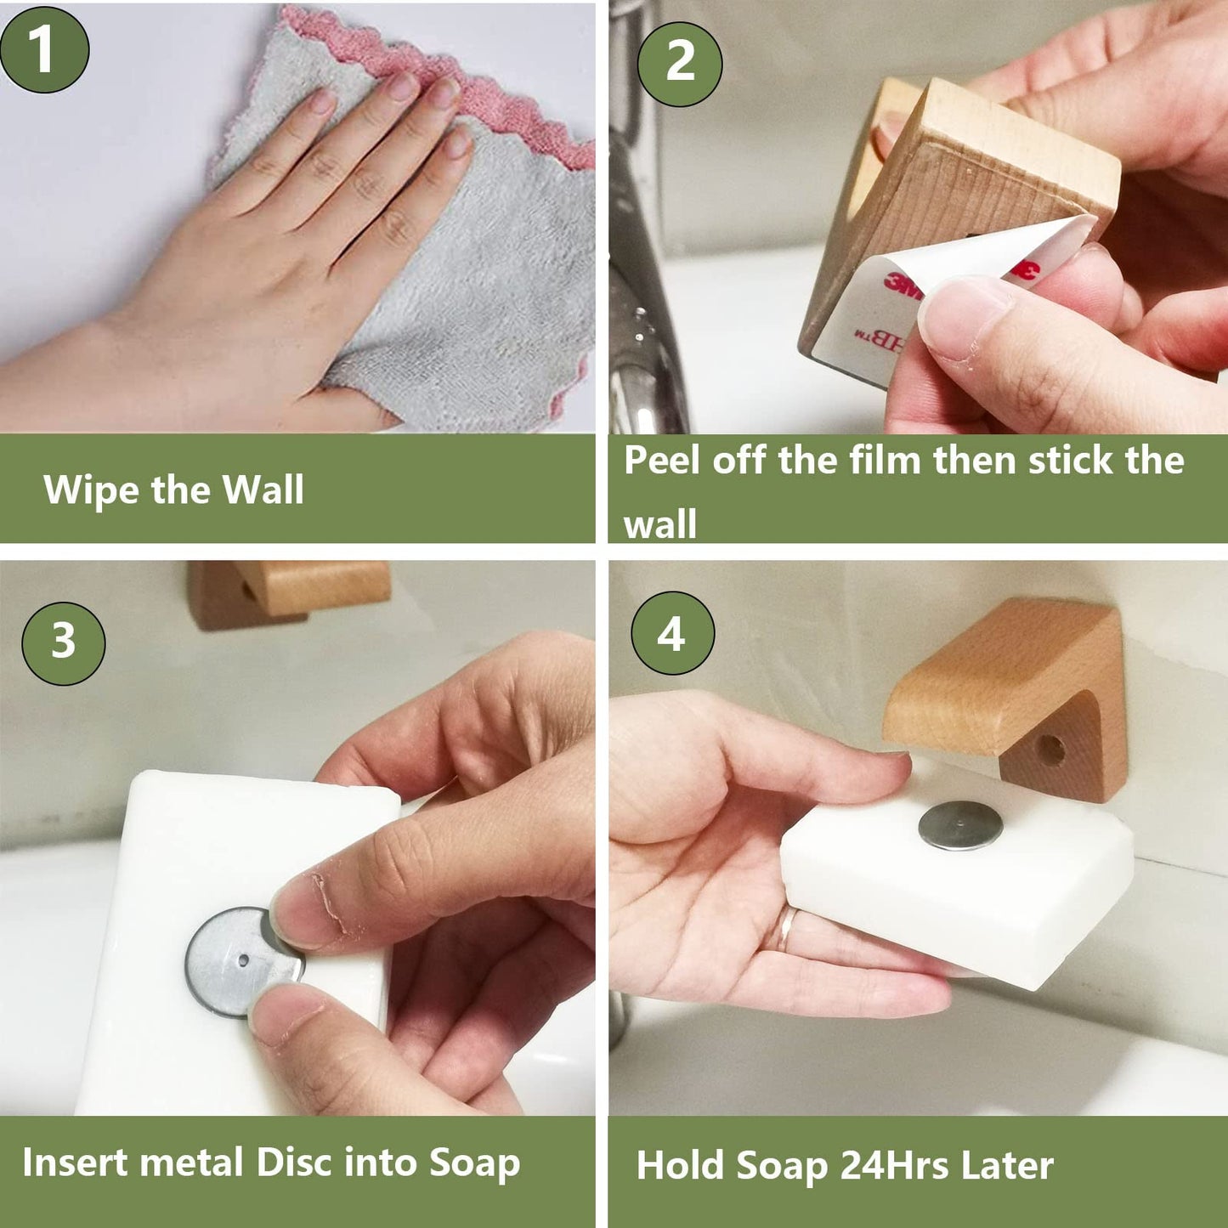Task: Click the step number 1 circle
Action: (44, 48)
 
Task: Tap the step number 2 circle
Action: (680, 63)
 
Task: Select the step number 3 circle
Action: (64, 642)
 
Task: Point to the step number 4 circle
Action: (672, 634)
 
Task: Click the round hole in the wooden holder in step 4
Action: (1051, 750)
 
